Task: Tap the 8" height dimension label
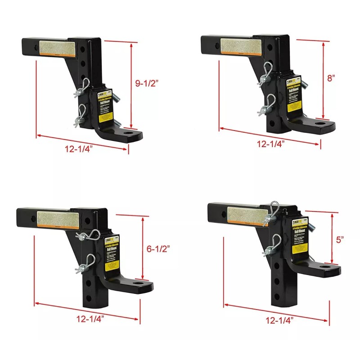pos(332,78)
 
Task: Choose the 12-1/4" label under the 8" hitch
pos(270,144)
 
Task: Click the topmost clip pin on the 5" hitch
pos(273,211)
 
